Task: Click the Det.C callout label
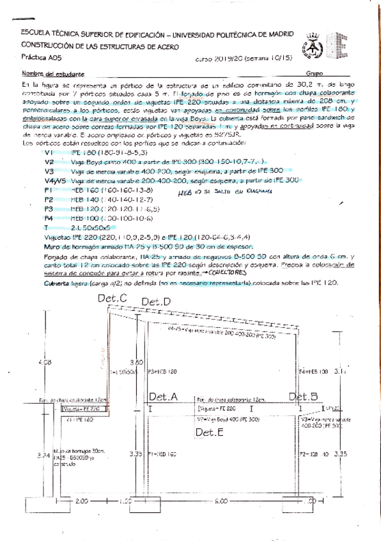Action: [x=114, y=299]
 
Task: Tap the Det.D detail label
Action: [x=156, y=302]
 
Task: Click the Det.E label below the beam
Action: [x=209, y=433]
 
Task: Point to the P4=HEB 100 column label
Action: [x=313, y=370]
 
